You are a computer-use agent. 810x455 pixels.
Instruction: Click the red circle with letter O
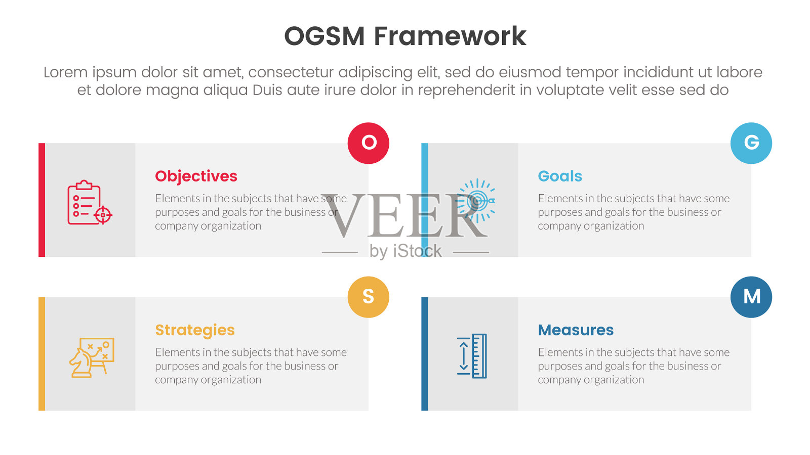tap(368, 144)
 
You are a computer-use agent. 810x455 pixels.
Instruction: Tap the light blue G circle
tap(751, 144)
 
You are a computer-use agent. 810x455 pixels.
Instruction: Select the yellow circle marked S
tap(368, 297)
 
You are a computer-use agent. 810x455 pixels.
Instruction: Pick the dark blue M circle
tap(751, 297)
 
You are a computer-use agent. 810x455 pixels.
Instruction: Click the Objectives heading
tap(196, 176)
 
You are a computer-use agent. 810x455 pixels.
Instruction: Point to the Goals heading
tap(560, 176)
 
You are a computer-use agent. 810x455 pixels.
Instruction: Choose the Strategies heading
tap(195, 331)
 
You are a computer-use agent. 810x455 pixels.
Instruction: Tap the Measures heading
tap(576, 330)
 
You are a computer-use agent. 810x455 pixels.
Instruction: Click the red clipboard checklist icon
tap(90, 203)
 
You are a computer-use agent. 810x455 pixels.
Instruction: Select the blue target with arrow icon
tap(475, 201)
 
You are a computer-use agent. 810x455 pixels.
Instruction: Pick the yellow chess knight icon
tap(92, 358)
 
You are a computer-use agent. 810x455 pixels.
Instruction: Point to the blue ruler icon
tap(472, 356)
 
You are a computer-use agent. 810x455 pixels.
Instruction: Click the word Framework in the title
tap(450, 36)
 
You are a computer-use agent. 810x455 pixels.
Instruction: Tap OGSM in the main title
tap(325, 36)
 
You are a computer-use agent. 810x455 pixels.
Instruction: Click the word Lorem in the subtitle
tap(65, 72)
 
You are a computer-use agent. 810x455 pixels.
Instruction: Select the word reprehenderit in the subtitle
tap(466, 90)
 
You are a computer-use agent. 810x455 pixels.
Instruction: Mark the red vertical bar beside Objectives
tap(42, 200)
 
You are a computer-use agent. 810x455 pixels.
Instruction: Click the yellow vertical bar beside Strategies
tap(42, 354)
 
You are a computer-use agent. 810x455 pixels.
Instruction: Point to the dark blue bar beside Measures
tap(425, 354)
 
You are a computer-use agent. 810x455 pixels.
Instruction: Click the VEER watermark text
tap(405, 215)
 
